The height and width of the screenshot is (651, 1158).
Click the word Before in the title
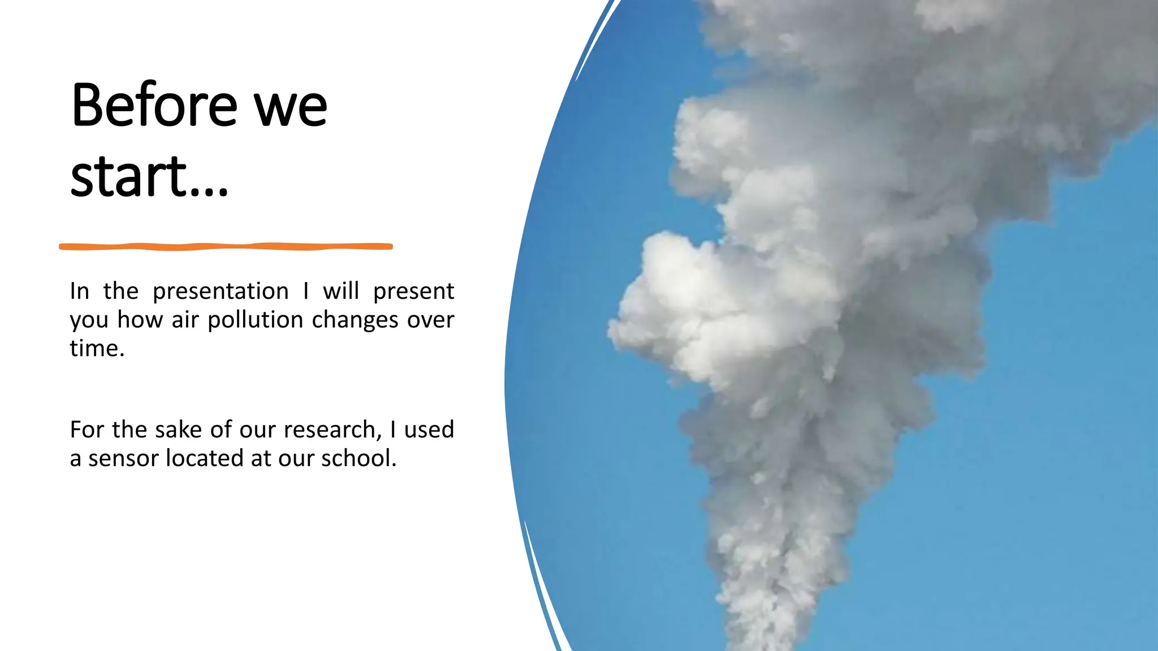point(154,106)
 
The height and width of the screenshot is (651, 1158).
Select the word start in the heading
point(128,177)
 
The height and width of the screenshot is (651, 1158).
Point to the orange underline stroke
point(226,246)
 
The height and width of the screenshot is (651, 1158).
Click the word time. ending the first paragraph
point(97,348)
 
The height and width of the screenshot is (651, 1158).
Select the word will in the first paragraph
point(340,292)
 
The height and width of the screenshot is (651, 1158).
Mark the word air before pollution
point(185,320)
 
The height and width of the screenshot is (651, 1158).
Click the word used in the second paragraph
point(429,430)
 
